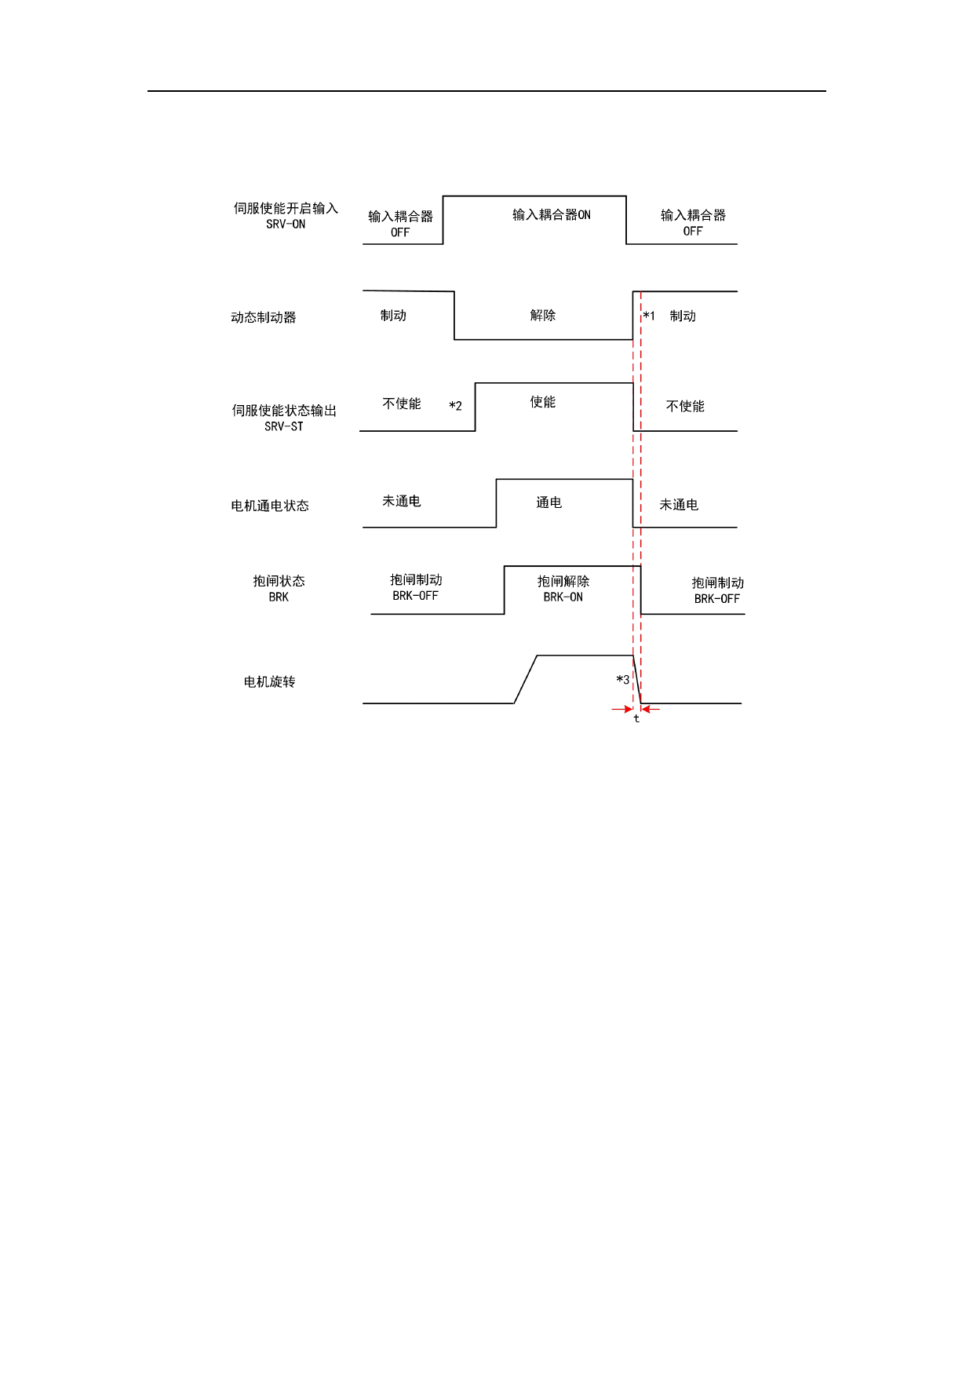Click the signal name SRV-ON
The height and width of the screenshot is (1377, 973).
286,225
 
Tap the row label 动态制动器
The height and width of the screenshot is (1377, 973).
264,317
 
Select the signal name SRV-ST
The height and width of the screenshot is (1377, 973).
283,427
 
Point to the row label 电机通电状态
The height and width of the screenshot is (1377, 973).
270,506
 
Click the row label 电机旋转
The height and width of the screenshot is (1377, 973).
269,681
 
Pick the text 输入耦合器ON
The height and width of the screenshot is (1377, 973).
552,215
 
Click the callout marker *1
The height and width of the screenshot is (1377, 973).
649,316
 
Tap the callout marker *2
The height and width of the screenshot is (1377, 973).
455,406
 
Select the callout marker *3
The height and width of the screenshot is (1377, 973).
622,680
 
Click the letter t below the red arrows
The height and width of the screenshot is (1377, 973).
636,718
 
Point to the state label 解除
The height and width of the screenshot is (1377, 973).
542,315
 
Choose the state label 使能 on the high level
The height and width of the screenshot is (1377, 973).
542,402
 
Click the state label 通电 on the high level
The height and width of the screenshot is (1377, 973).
548,502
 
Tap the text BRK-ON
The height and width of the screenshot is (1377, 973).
563,597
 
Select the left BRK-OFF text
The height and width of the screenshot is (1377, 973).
415,596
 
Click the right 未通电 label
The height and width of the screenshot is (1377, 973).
679,505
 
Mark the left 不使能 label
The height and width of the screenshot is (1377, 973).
402,404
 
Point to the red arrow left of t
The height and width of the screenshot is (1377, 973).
621,709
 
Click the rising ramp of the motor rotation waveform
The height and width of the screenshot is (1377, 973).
526,679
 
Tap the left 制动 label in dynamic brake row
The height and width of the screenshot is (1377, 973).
393,315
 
